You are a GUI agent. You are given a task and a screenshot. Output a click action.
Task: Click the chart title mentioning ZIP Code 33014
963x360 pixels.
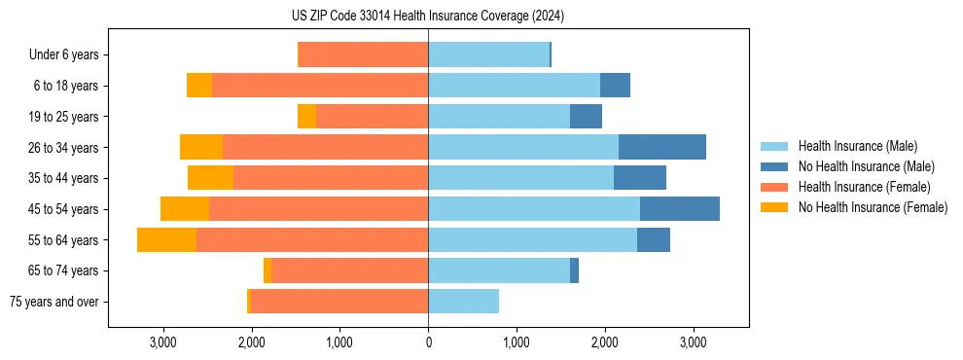[428, 17]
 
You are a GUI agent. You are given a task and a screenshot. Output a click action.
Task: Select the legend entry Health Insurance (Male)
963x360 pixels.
[857, 146]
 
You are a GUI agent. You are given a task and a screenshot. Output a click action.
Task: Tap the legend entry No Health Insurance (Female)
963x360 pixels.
[873, 207]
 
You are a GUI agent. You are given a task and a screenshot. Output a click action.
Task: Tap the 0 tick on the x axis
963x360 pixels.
[428, 342]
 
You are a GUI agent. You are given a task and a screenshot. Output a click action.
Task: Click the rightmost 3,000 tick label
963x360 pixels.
[693, 342]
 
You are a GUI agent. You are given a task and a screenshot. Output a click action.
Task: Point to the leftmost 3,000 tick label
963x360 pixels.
[163, 342]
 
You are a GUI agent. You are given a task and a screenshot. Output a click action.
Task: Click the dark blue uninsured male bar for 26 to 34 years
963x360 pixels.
[662, 147]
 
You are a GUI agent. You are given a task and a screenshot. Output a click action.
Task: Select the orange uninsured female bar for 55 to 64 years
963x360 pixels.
[166, 239]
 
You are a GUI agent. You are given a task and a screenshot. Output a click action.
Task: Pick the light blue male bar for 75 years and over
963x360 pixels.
[463, 302]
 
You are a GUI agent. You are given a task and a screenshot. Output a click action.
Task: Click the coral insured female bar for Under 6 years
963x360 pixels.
[363, 54]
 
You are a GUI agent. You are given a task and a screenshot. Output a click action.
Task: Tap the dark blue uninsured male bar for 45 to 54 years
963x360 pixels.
[680, 209]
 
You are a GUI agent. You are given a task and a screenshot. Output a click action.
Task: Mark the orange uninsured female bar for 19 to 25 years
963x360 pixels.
[306, 117]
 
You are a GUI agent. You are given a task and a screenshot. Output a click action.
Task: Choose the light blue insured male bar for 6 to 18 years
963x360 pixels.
[514, 86]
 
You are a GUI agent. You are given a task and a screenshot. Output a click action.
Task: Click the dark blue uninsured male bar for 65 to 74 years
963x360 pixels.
[574, 270]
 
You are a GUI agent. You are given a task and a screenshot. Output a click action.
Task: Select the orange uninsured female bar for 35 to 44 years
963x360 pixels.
[210, 178]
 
